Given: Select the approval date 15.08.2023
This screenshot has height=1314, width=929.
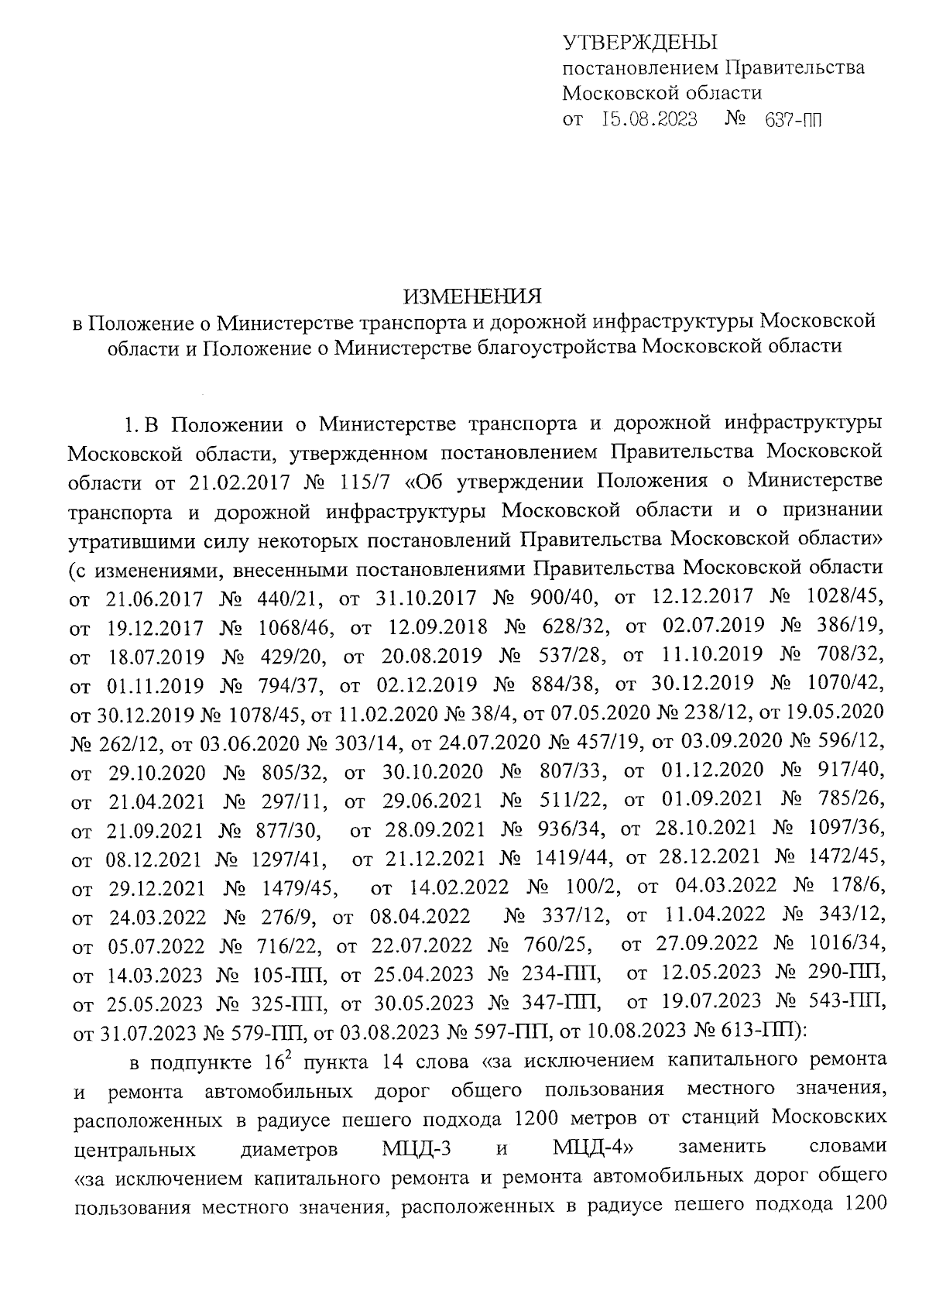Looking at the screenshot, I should tap(650, 120).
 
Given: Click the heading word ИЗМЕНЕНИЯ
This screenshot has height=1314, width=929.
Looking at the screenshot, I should tap(472, 296).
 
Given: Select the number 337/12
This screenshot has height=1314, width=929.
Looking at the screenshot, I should tap(577, 917).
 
